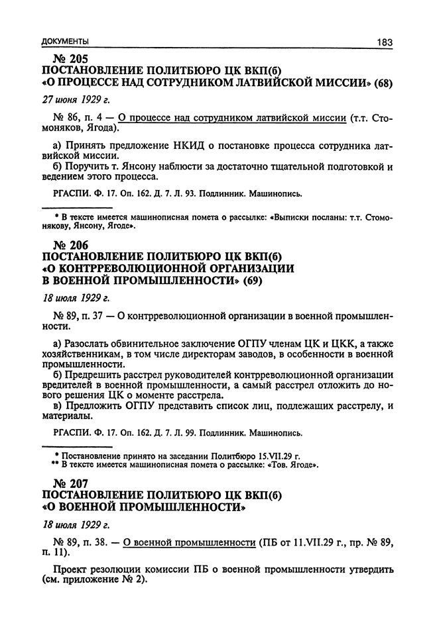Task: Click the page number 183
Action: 385,42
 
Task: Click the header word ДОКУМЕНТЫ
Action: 64,42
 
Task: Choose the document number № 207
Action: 64,485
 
